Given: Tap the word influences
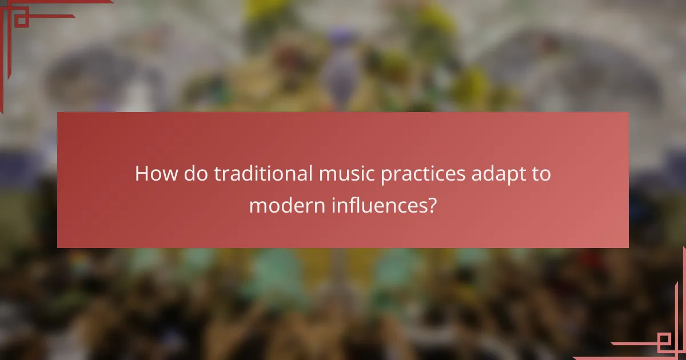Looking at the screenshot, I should coord(377,205).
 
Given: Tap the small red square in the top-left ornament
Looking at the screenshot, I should coord(21,21).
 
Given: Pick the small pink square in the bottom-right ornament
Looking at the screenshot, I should coord(665,342).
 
